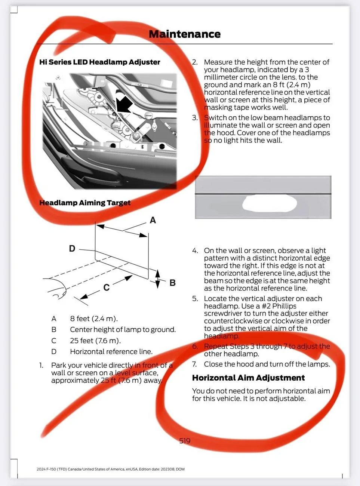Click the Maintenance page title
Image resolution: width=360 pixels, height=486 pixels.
coord(185,34)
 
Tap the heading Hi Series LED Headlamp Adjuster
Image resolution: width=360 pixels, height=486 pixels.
coord(100,62)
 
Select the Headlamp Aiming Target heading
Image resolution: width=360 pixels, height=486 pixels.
coord(85,203)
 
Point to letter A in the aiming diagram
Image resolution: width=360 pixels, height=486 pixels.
coord(153,220)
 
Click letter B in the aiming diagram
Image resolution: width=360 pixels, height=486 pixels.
coord(172,283)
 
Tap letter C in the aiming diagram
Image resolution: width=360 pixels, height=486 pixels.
coord(107,287)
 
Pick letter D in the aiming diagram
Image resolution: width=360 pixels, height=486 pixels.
coord(72,249)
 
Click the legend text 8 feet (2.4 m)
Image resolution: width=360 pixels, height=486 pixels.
coord(94,319)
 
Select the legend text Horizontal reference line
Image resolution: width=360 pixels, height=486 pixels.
coord(111,351)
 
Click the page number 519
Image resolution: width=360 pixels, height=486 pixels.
coord(185,441)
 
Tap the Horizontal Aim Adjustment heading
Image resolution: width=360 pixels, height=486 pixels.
coord(249,378)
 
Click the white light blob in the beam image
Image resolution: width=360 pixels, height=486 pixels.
coord(270,203)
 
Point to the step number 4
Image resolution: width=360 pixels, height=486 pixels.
coord(195,250)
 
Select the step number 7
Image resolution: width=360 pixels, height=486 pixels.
coord(194,364)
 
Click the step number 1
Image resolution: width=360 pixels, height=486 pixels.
coord(41,365)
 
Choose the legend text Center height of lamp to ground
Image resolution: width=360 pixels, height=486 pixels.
coord(123,330)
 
